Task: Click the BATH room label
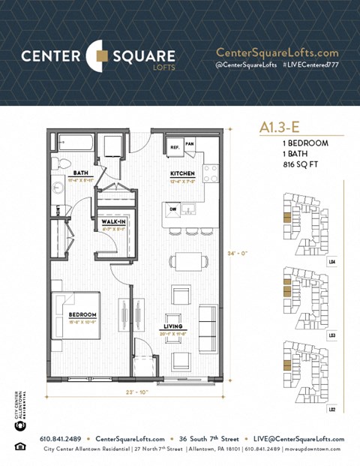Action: click(x=81, y=173)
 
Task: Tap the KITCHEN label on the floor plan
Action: click(x=182, y=173)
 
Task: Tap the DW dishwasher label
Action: click(x=173, y=209)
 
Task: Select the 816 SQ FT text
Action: click(x=307, y=163)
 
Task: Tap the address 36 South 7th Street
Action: click(x=213, y=439)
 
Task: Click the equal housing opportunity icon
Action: click(x=19, y=447)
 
